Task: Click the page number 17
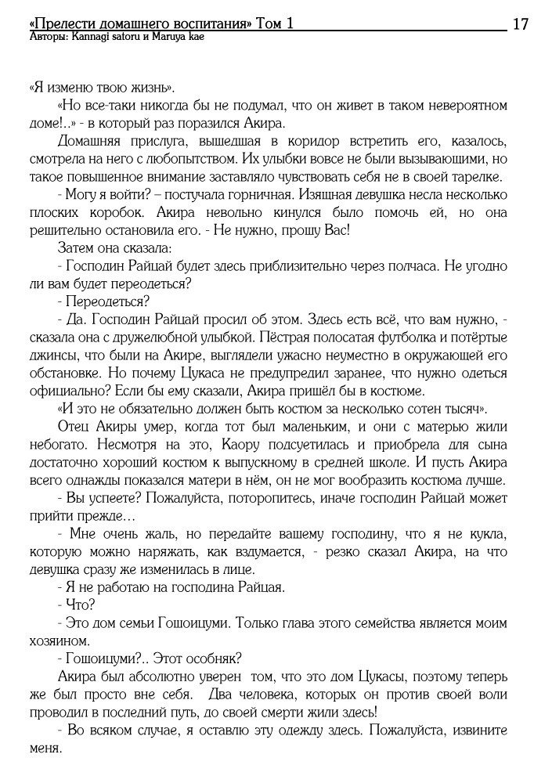point(520,23)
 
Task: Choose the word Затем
point(74,248)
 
